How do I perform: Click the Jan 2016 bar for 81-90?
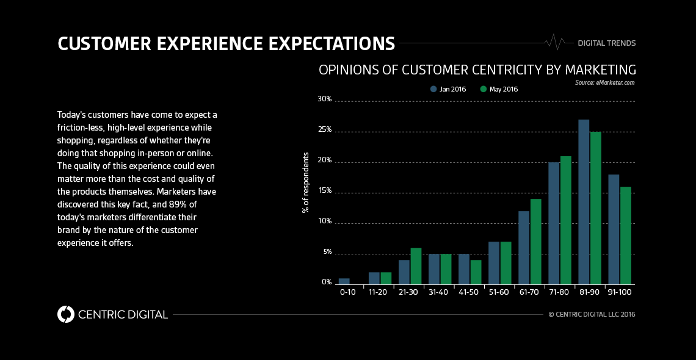click(584, 202)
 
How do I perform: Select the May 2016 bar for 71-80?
click(566, 220)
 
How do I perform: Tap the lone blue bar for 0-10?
click(344, 281)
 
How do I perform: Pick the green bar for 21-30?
click(416, 266)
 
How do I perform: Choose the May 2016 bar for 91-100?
click(626, 236)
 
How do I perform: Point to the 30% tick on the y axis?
click(324, 99)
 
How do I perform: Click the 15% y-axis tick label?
click(324, 190)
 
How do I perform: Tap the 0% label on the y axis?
click(326, 282)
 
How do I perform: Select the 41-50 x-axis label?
click(469, 293)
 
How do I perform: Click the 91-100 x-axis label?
click(619, 293)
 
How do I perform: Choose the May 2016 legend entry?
click(499, 89)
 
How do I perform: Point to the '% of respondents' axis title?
click(305, 182)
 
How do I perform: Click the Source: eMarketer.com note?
click(604, 82)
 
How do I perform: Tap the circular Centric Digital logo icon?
click(65, 314)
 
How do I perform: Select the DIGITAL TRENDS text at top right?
click(606, 43)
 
